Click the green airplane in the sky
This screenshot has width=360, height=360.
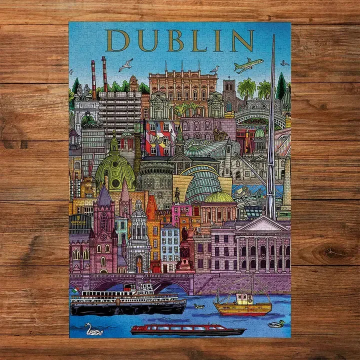point(248,64)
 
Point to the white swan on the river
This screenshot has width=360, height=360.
point(93,329)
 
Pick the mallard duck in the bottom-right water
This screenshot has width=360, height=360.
point(275,324)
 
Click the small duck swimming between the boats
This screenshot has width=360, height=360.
point(199,305)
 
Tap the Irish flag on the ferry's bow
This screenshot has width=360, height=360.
point(75,290)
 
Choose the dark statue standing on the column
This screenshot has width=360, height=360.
point(177,195)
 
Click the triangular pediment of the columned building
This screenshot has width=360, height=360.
point(262,224)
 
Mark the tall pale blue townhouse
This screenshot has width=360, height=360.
point(169,247)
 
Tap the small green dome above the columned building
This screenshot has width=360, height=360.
point(219,197)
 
